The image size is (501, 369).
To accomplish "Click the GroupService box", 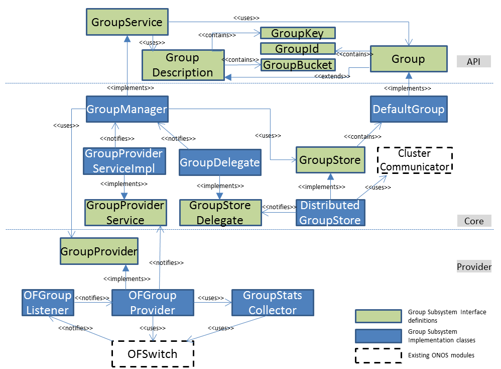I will click(127, 23).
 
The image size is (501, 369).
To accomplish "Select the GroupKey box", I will click(297, 33).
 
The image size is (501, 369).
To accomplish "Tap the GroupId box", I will click(297, 49).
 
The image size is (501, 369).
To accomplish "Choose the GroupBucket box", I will click(298, 65).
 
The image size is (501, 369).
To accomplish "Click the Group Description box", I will click(183, 65).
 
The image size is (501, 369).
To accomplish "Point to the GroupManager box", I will click(127, 109).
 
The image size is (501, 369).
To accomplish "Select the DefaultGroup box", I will click(408, 109).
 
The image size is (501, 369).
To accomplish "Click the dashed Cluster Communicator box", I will click(415, 160).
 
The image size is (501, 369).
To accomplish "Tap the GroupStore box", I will click(330, 160).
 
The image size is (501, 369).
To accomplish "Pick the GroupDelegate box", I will click(220, 162).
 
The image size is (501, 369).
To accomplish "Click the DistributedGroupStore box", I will click(330, 213).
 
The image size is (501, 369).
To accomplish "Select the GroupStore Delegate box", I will click(220, 213).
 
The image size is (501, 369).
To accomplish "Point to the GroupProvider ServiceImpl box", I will click(124, 161).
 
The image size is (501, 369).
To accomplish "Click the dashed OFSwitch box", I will click(153, 354).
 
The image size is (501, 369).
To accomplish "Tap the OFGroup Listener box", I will click(47, 303).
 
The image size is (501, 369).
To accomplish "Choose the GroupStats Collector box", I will click(273, 303).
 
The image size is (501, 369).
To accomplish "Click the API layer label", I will click(473, 61).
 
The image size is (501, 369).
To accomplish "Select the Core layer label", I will click(473, 221).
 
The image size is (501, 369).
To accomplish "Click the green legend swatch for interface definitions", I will click(378, 316).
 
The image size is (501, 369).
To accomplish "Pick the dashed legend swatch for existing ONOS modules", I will click(378, 355).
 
